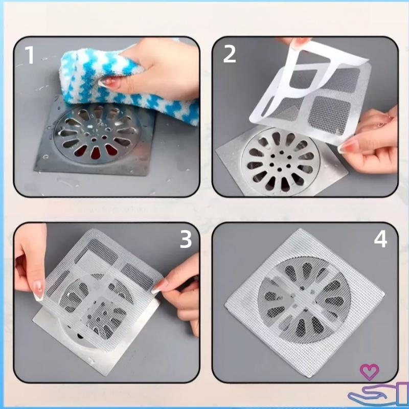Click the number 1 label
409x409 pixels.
click(x=30, y=55)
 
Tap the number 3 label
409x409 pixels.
click(x=186, y=239)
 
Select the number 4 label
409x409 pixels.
click(x=380, y=239)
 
